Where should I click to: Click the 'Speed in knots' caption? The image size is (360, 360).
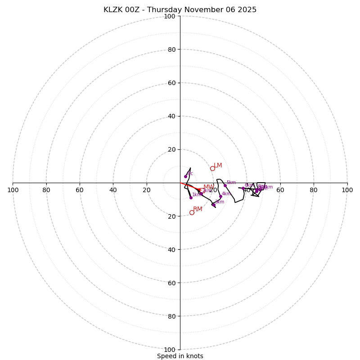click(x=180, y=356)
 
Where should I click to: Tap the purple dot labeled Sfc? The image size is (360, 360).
click(x=185, y=176)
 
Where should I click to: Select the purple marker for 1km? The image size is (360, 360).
click(x=191, y=198)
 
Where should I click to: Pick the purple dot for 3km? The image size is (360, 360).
click(x=213, y=205)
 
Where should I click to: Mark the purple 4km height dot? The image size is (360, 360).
click(x=220, y=197)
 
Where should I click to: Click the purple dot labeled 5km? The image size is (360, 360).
click(x=225, y=185)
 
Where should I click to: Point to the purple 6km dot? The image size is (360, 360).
click(x=243, y=188)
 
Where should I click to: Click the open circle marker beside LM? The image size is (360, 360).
click(x=212, y=169)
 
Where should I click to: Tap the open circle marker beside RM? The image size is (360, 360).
click(x=192, y=212)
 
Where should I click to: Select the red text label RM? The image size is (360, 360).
click(x=198, y=209)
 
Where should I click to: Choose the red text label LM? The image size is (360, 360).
click(x=218, y=166)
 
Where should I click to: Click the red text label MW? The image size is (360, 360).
click(x=208, y=187)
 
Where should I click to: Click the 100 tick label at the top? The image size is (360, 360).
click(x=169, y=16)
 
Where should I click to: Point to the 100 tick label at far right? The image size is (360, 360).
click(x=347, y=190)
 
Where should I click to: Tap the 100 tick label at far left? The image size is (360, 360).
click(x=13, y=190)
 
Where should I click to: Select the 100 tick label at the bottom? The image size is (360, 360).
click(x=169, y=350)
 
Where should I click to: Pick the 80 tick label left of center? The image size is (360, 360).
click(x=46, y=190)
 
